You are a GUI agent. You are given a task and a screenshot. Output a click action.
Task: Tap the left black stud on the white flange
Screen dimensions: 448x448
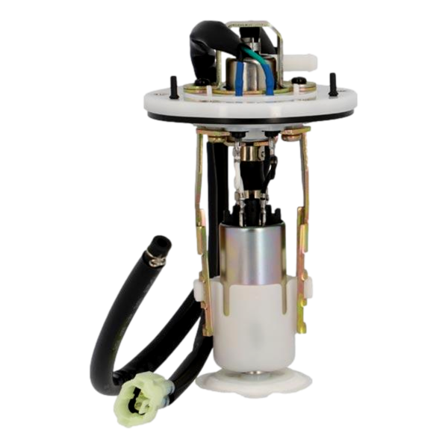pyautogui.click(x=173, y=86)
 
